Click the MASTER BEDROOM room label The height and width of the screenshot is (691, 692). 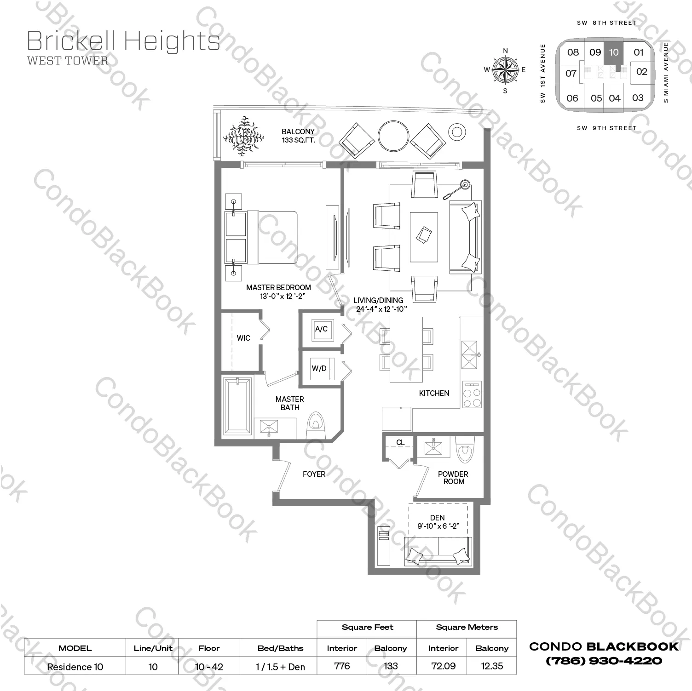coord(278,287)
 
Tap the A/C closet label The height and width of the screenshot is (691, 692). coord(321,329)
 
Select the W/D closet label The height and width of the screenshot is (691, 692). coord(319,368)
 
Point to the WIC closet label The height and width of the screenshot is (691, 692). coord(243,338)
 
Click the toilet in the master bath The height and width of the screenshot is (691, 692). coord(316,425)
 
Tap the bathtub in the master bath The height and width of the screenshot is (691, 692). coord(237,406)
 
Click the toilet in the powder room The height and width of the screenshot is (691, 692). coord(464,449)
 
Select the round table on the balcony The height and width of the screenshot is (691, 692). coord(393,136)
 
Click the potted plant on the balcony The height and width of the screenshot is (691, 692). coord(243,137)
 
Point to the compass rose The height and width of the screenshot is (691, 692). coord(505,70)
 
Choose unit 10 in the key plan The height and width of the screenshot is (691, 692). coord(614,52)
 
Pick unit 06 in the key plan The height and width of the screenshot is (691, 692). coord(572,98)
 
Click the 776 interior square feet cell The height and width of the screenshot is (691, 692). coord(342,666)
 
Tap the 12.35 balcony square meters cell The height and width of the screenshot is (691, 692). coord(492,666)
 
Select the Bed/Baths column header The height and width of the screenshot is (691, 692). coord(280,648)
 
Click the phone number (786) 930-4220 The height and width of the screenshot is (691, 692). coord(604,661)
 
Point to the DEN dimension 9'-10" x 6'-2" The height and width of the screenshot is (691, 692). coord(438,526)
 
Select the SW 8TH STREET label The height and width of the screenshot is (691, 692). coord(607,23)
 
